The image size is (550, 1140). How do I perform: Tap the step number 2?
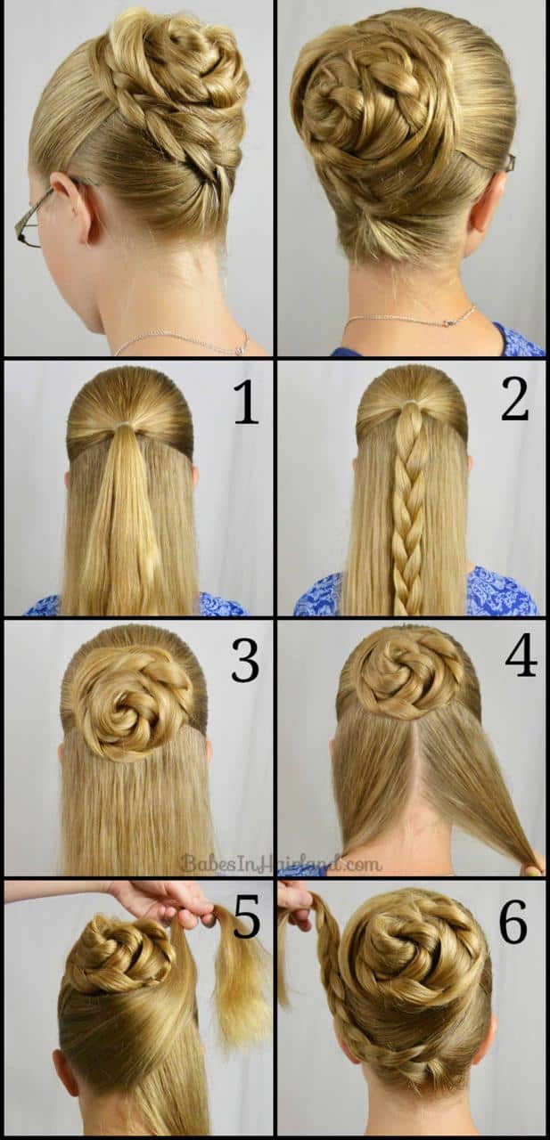pos(514,401)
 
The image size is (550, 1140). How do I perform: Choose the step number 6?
pos(513,923)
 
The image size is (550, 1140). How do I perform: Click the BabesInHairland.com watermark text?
pos(281,862)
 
